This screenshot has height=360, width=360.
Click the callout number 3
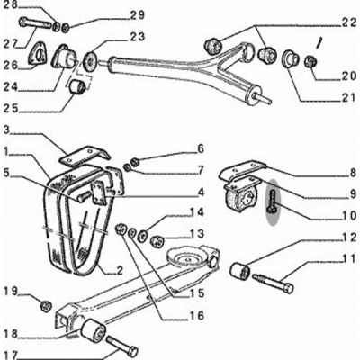coord(7,130)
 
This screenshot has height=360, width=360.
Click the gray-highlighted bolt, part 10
coord(274,202)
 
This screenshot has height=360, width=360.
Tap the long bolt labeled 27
coord(34,22)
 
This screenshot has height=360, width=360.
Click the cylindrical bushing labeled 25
coord(77,86)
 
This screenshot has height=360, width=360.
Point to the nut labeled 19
coord(46,306)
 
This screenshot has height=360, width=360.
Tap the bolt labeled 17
coord(122,346)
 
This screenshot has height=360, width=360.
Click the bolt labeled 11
coord(273,283)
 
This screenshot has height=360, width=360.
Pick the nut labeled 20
coord(311,61)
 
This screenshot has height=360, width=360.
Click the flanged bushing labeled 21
coord(290,58)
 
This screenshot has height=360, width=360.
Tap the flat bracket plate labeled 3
coord(84,157)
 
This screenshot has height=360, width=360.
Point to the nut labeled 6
coord(135,162)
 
